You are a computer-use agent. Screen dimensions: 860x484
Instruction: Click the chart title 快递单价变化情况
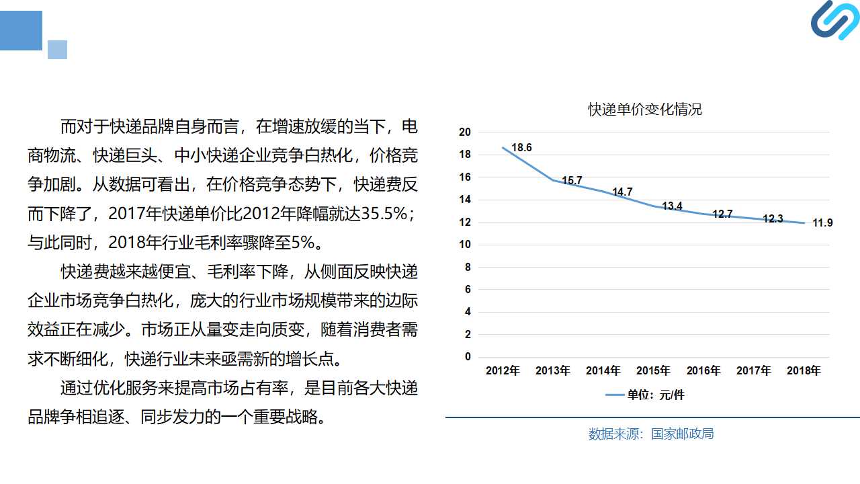click(645, 110)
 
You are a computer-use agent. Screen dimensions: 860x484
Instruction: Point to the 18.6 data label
click(521, 147)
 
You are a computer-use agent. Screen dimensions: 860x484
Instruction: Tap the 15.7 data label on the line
click(572, 180)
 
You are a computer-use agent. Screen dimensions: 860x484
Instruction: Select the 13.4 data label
click(673, 206)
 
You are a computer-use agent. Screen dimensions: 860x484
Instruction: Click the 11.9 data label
click(823, 223)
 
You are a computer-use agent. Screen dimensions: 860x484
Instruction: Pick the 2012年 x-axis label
click(503, 370)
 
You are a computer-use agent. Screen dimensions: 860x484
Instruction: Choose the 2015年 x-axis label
click(653, 370)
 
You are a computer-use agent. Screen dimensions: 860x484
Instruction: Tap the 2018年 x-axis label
click(804, 370)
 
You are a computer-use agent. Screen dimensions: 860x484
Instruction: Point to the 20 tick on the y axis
click(465, 132)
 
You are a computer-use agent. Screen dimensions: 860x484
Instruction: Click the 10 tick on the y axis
click(465, 244)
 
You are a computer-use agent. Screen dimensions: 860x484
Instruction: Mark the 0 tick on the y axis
click(468, 357)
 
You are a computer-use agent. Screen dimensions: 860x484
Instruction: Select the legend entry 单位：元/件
click(645, 395)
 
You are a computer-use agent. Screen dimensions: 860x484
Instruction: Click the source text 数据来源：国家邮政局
click(651, 434)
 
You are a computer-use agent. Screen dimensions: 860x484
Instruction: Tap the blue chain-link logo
click(835, 20)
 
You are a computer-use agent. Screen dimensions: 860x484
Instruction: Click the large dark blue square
click(21, 30)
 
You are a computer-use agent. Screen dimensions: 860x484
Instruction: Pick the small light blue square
click(58, 50)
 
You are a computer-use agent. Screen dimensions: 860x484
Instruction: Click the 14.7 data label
click(622, 192)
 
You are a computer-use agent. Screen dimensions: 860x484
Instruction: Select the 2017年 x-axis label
click(753, 370)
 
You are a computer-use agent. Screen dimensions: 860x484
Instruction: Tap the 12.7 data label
click(722, 214)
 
